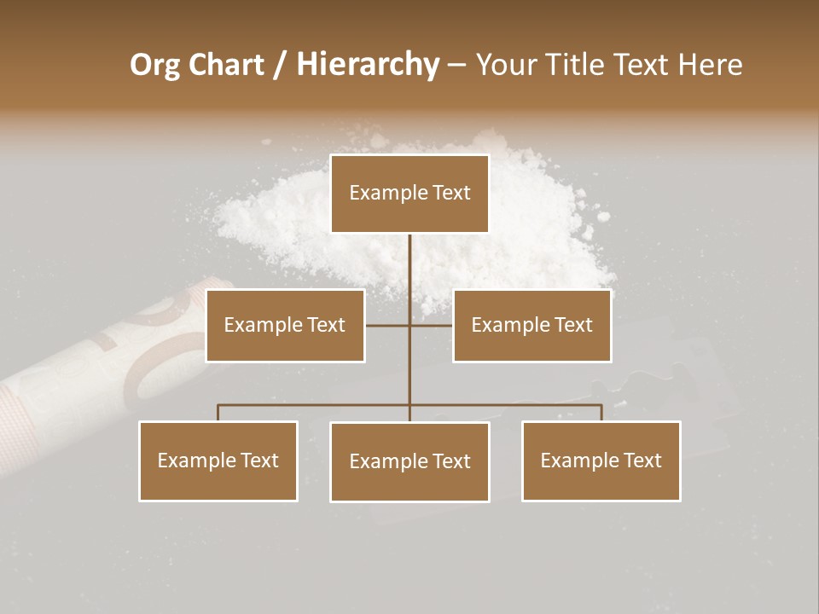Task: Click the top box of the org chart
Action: pyautogui.click(x=409, y=194)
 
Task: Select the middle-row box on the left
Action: pyautogui.click(x=285, y=325)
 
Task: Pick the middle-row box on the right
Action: pyautogui.click(x=531, y=325)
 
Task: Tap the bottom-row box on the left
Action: pyautogui.click(x=218, y=460)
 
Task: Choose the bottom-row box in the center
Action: pyautogui.click(x=409, y=461)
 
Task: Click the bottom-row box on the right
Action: pyautogui.click(x=601, y=460)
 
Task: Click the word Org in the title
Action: pyautogui.click(x=154, y=65)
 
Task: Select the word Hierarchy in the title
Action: pyautogui.click(x=368, y=65)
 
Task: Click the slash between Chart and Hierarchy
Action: pyautogui.click(x=282, y=65)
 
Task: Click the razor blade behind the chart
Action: pyautogui.click(x=657, y=384)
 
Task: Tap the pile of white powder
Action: pyautogui.click(x=529, y=213)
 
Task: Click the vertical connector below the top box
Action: pyautogui.click(x=409, y=273)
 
